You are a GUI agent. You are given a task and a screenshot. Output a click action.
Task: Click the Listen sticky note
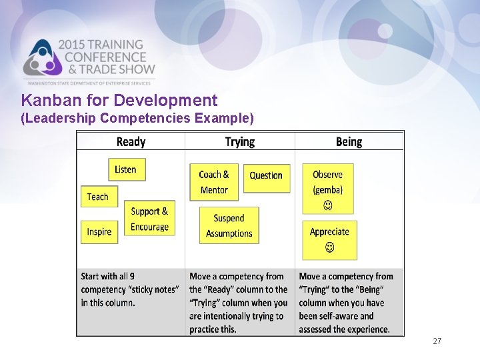pos(127,169)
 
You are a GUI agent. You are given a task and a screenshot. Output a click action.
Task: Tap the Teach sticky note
pos(97,197)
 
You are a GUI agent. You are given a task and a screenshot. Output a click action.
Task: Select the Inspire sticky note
pos(99,232)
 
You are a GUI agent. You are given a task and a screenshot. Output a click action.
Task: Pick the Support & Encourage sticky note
pos(149,219)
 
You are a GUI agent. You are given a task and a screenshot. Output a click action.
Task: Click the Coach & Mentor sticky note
pos(214,182)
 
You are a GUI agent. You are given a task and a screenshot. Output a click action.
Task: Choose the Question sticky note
pos(266,176)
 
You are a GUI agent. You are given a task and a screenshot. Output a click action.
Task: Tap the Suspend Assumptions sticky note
pos(229,225)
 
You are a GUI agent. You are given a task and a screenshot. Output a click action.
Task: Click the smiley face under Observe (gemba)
pos(328,205)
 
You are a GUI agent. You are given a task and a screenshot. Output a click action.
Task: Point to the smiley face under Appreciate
pos(329,248)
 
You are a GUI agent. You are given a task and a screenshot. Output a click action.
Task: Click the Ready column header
pos(131,141)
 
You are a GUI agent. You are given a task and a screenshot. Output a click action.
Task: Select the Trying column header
pos(240,141)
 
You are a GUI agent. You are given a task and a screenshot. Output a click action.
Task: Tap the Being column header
pos(349,141)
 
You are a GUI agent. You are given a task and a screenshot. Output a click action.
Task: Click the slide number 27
pos(437,341)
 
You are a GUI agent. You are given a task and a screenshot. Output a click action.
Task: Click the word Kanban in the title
pos(45,101)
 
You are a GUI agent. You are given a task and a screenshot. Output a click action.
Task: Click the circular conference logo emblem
pos(41,59)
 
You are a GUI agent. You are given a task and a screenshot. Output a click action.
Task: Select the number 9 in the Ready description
pos(131,276)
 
